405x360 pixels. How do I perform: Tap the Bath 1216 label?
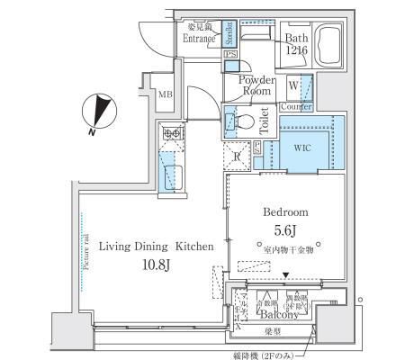[x=297, y=45]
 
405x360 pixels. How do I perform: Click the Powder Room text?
[x=256, y=85]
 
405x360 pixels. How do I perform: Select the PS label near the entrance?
[x=230, y=56]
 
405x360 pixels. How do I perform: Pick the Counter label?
[x=296, y=106]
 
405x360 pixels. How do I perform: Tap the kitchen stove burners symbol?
[x=171, y=134]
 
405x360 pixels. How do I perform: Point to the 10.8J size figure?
[x=155, y=265]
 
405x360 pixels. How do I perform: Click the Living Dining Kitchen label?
[x=156, y=245]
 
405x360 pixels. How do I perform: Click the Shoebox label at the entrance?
[x=229, y=32]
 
